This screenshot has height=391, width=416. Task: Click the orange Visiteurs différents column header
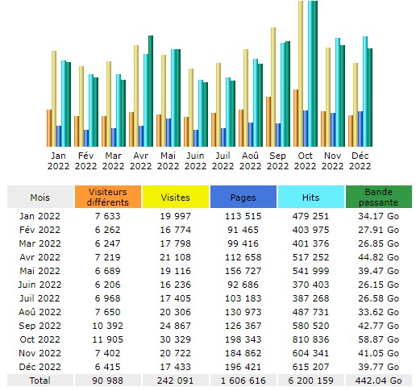pyautogui.click(x=108, y=197)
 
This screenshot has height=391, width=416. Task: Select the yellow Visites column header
pyautogui.click(x=176, y=197)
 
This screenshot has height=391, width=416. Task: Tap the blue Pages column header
pyautogui.click(x=243, y=197)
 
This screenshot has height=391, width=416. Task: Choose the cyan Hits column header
pyautogui.click(x=311, y=197)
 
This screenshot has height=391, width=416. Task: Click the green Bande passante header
pyautogui.click(x=379, y=197)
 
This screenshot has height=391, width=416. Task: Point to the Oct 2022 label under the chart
pyautogui.click(x=305, y=160)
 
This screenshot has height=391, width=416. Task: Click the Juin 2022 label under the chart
pyautogui.click(x=195, y=160)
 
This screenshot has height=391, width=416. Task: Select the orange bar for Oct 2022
pyautogui.click(x=296, y=118)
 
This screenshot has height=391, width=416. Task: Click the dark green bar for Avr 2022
pyautogui.click(x=151, y=91)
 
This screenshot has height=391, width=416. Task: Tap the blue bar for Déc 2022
pyautogui.click(x=360, y=129)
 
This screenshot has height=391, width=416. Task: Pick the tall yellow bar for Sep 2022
pyautogui.click(x=273, y=87)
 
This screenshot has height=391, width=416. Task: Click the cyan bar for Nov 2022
pyautogui.click(x=338, y=93)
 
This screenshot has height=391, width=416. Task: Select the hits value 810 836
pyautogui.click(x=310, y=339)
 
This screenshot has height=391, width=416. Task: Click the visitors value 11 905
pyautogui.click(x=108, y=339)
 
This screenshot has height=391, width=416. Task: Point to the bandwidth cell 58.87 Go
pyautogui.click(x=378, y=339)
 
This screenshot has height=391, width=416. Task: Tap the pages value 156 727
pyautogui.click(x=243, y=271)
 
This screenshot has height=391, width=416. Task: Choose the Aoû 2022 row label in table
pyautogui.click(x=40, y=312)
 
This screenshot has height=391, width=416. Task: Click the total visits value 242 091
pyautogui.click(x=175, y=381)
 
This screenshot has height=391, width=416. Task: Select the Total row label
pyautogui.click(x=40, y=381)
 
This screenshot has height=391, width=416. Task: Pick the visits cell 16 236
pyautogui.click(x=175, y=285)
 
